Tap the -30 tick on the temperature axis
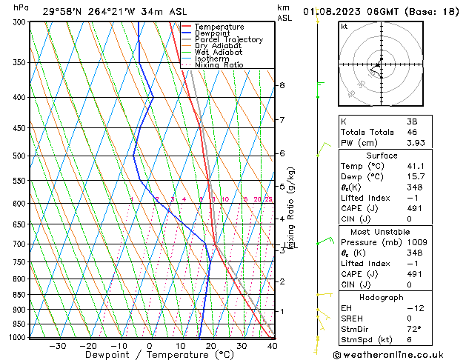pos(57,346)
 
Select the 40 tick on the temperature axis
pos(272,346)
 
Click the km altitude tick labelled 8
pos(282,85)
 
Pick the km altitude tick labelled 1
pos(282,311)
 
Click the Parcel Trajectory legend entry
pos(228,40)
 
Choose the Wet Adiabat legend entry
pos(218,53)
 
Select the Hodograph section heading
pos(382,297)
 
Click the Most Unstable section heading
pos(382,230)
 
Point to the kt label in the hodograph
pos(344,27)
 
